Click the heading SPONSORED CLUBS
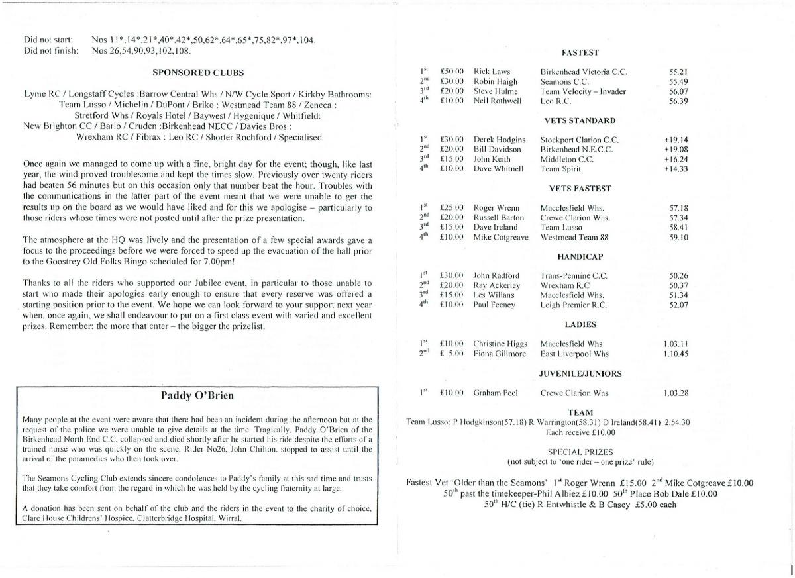pyautogui.click(x=197, y=73)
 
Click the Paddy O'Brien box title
pyautogui.click(x=197, y=396)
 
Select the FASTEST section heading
pyautogui.click(x=580, y=52)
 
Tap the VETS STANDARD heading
pyautogui.click(x=580, y=120)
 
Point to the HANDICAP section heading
pyautogui.click(x=580, y=256)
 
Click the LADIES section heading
pyautogui.click(x=580, y=324)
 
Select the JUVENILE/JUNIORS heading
pyautogui.click(x=580, y=373)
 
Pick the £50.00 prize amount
pyautogui.click(x=452, y=72)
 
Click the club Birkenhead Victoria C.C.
pyautogui.click(x=584, y=72)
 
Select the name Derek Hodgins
pyautogui.click(x=500, y=140)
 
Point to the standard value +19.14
pyautogui.click(x=676, y=140)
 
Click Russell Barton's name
pyautogui.click(x=498, y=217)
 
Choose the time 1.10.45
pyautogui.click(x=676, y=354)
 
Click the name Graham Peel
pyautogui.click(x=495, y=393)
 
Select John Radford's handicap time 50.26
pyautogui.click(x=678, y=275)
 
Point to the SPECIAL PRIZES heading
pyautogui.click(x=580, y=452)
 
